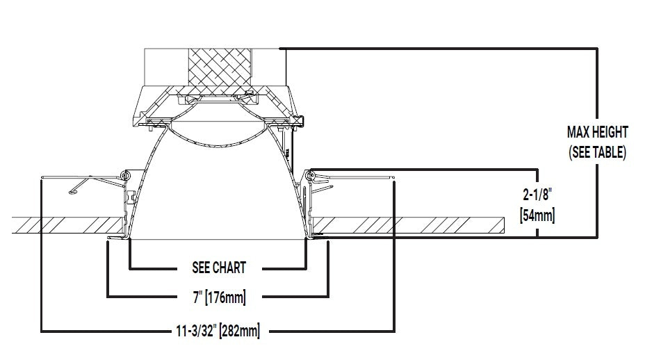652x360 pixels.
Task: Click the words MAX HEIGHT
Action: [597, 132]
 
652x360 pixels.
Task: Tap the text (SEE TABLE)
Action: [597, 152]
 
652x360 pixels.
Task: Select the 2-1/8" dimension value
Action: [537, 195]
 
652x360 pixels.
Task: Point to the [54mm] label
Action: [537, 215]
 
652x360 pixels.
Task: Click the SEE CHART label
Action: [219, 268]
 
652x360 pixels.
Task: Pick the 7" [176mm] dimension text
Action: [220, 297]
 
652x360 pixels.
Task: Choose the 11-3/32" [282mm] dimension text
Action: [218, 331]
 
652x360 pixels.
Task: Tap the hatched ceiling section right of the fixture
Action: [408, 225]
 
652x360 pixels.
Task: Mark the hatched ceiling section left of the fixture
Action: [68, 225]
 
